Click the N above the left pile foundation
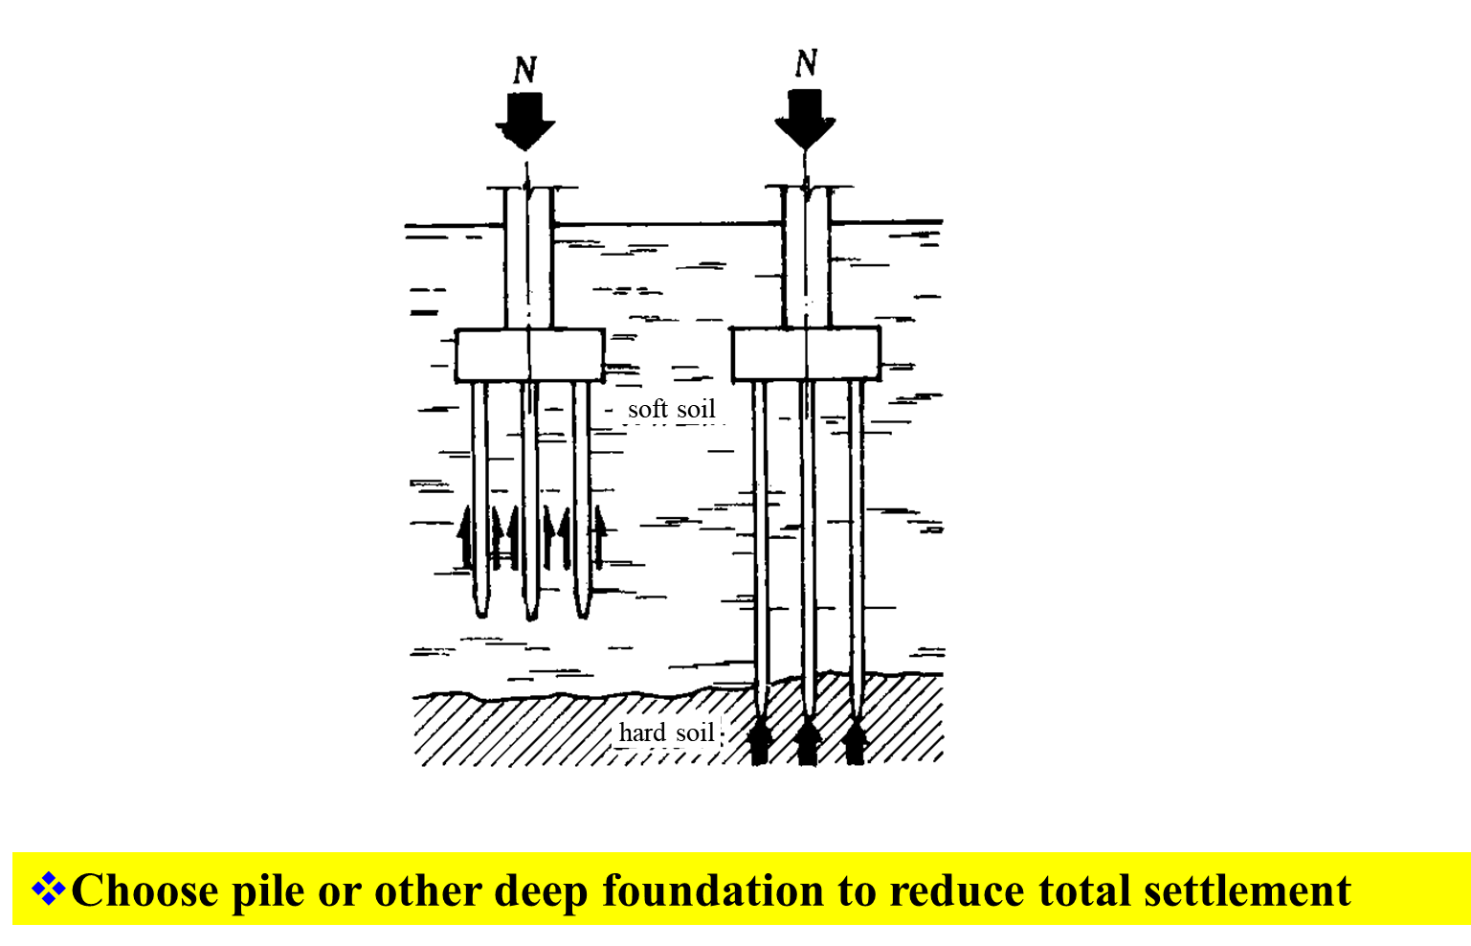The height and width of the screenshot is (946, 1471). [524, 70]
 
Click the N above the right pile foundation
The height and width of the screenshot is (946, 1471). [807, 64]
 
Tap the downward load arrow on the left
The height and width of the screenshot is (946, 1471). [524, 121]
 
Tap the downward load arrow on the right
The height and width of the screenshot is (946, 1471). [805, 117]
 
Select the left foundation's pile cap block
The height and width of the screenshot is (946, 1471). [529, 356]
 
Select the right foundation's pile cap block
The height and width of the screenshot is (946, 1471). [806, 354]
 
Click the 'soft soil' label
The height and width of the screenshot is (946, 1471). [671, 410]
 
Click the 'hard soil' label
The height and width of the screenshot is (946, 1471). [666, 733]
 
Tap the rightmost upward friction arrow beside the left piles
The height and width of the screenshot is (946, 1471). [600, 536]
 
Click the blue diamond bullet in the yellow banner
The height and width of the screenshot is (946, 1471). [49, 890]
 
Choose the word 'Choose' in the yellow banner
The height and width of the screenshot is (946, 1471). [145, 890]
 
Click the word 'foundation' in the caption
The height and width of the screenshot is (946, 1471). [712, 890]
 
